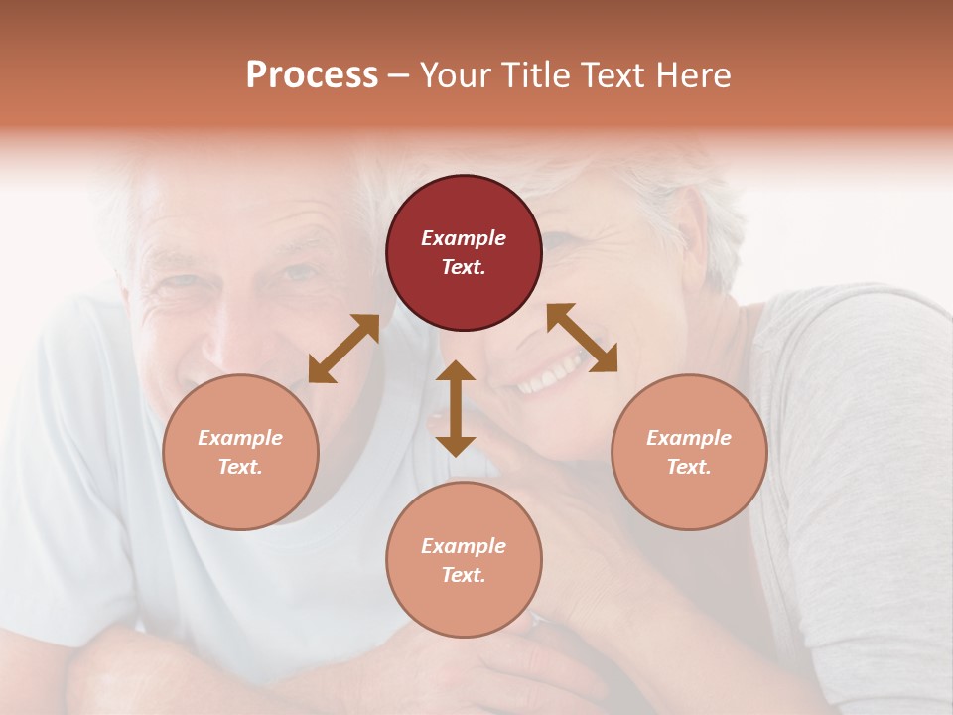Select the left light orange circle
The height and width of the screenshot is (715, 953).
(240, 452)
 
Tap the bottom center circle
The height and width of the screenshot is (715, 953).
(464, 559)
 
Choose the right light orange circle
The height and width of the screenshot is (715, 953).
(688, 452)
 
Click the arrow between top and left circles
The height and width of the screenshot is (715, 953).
(343, 349)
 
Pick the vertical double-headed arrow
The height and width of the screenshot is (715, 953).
(456, 408)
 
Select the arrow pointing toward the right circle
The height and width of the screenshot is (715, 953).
(583, 338)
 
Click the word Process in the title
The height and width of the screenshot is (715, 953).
(312, 74)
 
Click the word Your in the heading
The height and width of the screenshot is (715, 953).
(455, 74)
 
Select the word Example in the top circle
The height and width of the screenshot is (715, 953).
(464, 238)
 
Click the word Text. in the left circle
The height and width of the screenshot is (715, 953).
(240, 467)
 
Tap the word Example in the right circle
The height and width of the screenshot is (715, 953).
(688, 438)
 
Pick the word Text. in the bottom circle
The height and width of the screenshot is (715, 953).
(464, 575)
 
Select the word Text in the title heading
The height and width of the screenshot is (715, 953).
(611, 74)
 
